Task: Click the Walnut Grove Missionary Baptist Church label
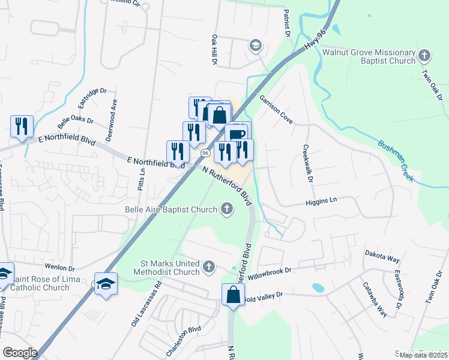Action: pos(369,56)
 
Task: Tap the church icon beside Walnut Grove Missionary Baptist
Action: pos(424,56)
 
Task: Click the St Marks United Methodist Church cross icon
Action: pos(208,266)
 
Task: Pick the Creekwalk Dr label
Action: pos(307,164)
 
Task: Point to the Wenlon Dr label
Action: pos(59,269)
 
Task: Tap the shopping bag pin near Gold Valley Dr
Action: pos(233,296)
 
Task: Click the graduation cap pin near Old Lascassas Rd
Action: pos(106,284)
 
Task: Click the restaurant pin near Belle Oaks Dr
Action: pos(22,127)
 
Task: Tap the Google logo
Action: pos(20,353)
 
